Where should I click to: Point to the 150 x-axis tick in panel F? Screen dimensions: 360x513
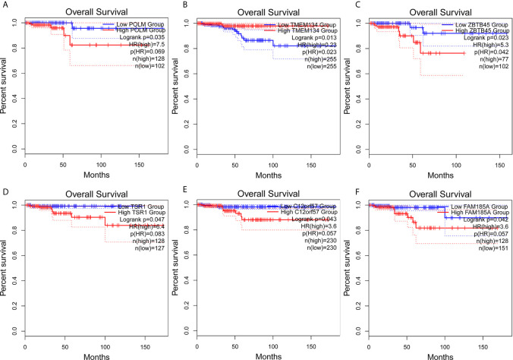click(x=482, y=343)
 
